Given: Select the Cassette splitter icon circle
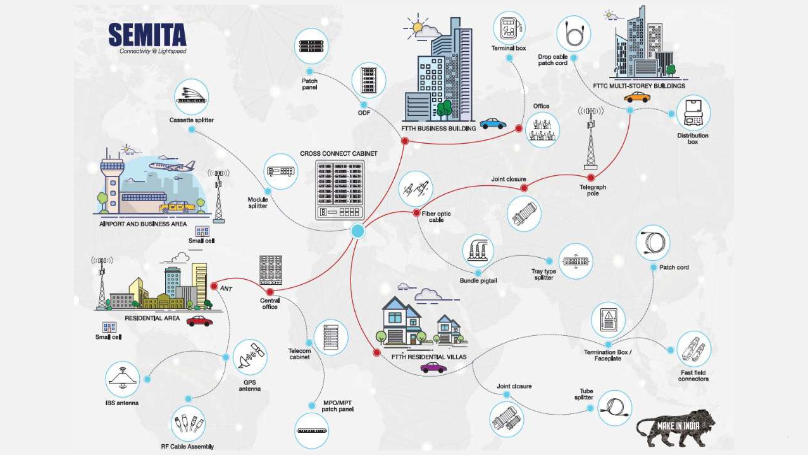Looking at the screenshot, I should [x=191, y=97].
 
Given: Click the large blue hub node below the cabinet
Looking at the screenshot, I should [x=358, y=231].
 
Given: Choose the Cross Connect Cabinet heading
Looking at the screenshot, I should [x=338, y=153].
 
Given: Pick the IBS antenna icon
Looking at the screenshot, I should [x=122, y=379].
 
